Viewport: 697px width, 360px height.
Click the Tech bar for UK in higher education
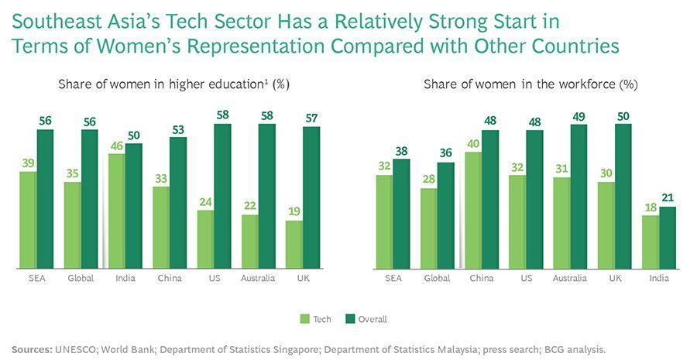click(294, 244)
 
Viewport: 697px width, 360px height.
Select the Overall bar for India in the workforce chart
click(667, 237)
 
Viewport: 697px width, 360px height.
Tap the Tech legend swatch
click(304, 318)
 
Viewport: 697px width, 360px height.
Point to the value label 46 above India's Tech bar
click(116, 146)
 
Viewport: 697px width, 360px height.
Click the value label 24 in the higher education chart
click(205, 201)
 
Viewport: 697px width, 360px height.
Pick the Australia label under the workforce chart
click(569, 278)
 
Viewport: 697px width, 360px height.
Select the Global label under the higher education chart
click(81, 278)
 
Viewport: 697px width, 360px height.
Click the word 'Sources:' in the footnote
click(31, 349)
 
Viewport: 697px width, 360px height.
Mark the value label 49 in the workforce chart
click(579, 116)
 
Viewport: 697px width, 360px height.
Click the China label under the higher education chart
click(170, 278)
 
